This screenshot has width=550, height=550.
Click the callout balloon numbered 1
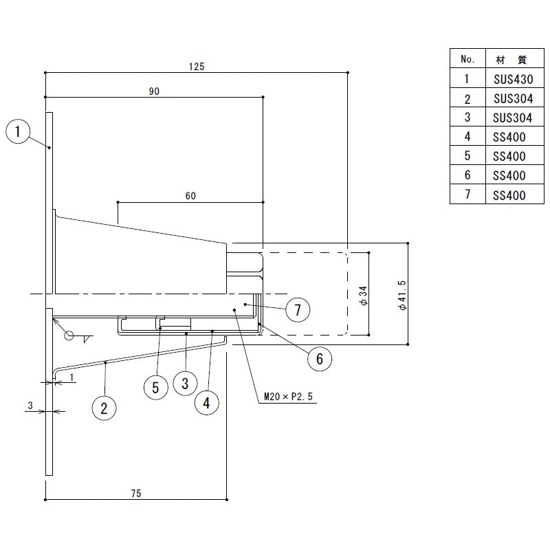[x=18, y=132]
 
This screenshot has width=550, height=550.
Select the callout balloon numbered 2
[x=104, y=408]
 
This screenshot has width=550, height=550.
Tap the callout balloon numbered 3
[x=185, y=384]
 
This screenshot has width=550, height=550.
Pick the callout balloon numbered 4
[x=207, y=403]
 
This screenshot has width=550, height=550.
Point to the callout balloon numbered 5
[x=156, y=388]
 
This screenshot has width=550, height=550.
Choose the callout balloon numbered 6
[x=320, y=358]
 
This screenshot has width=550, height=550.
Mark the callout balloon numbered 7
[x=298, y=310]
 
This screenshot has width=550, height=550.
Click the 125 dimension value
[x=197, y=67]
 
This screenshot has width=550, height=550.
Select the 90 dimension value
[x=154, y=91]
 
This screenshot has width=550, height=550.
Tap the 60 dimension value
[x=190, y=196]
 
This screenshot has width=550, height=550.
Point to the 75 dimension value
[x=136, y=494]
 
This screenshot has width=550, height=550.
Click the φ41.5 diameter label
[x=402, y=295]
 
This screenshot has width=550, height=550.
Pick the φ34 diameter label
[x=364, y=296]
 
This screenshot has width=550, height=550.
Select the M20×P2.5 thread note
[x=288, y=397]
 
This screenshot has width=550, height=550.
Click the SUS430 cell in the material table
[x=514, y=79]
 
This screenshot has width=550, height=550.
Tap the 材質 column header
[x=511, y=60]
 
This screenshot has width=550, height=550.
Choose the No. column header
[x=467, y=59]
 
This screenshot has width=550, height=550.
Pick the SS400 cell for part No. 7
[x=509, y=195]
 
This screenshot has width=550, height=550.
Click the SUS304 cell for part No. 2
[x=514, y=99]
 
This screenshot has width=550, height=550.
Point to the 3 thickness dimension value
[x=30, y=406]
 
